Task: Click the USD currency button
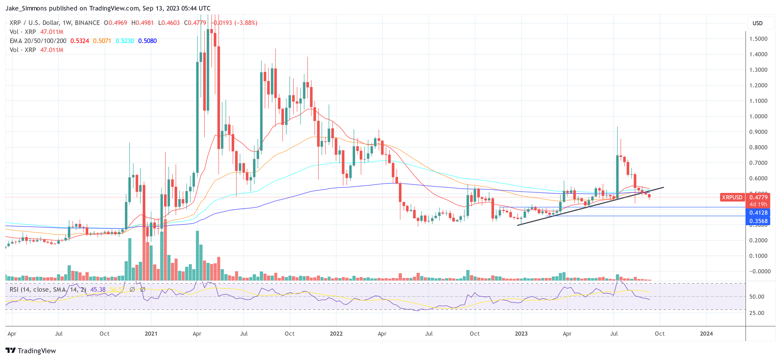[x=757, y=23]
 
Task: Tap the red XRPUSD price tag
[x=732, y=197]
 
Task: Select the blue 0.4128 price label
[x=758, y=213]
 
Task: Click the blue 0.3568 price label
[x=758, y=221]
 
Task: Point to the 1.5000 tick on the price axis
[x=758, y=39]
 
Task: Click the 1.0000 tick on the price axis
[x=758, y=116]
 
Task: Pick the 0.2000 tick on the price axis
[x=758, y=241]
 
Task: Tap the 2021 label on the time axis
[x=151, y=334]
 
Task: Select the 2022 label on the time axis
[x=336, y=334]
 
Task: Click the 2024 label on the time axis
[x=706, y=334]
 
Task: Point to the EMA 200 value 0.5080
[x=147, y=41]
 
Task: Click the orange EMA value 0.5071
[x=102, y=41]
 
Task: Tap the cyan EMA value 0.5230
[x=125, y=41]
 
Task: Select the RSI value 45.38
[x=98, y=290]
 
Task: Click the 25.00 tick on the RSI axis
[x=756, y=313]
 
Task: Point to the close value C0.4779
[x=195, y=23]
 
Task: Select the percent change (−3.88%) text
[x=246, y=23]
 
